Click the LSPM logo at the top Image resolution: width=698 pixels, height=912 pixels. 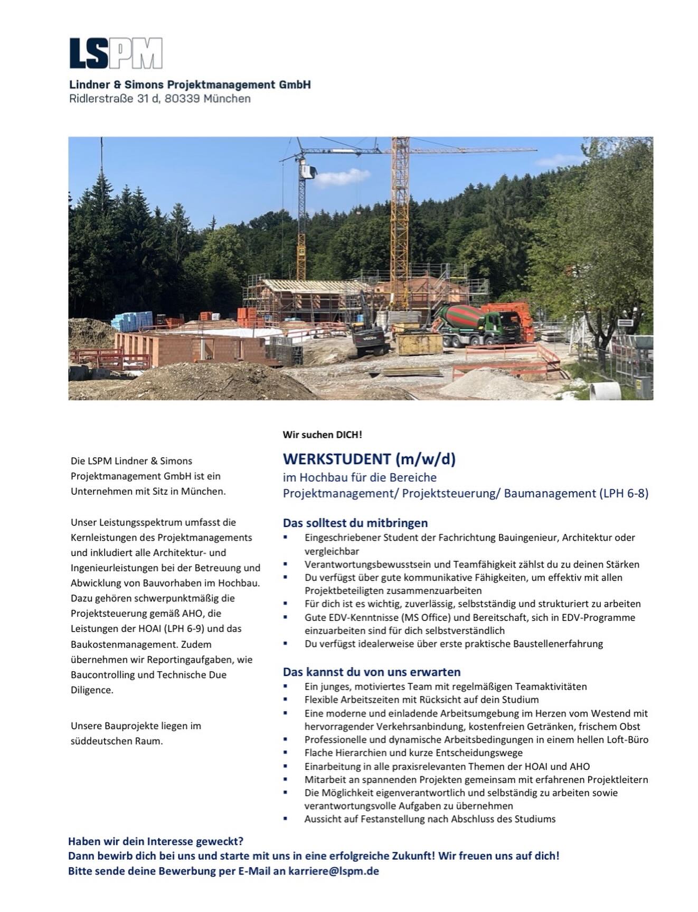(x=116, y=53)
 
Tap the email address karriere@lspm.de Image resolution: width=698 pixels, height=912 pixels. (x=334, y=871)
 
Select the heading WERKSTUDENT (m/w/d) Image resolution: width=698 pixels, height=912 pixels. (x=369, y=459)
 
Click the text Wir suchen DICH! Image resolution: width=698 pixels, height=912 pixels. (x=322, y=435)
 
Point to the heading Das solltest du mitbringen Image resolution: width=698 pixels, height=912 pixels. (x=355, y=523)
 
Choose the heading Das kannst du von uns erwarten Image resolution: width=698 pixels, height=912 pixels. (x=372, y=672)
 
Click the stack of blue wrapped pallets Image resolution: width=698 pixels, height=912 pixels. (x=133, y=321)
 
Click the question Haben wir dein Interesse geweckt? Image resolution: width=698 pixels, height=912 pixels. (x=156, y=841)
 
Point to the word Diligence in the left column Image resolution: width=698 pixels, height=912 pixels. (x=92, y=690)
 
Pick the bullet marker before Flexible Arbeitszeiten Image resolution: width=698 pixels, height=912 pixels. (x=286, y=700)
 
